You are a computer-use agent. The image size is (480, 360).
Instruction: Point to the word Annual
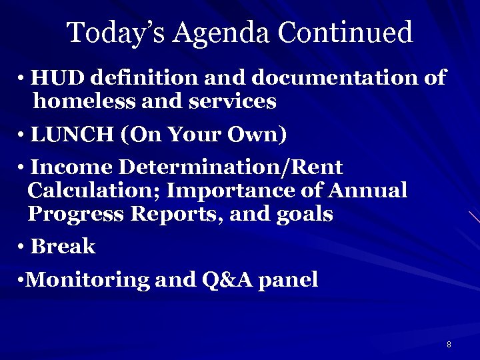368,191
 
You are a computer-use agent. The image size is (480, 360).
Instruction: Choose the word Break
63,247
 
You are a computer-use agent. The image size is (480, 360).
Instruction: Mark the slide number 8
449,345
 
